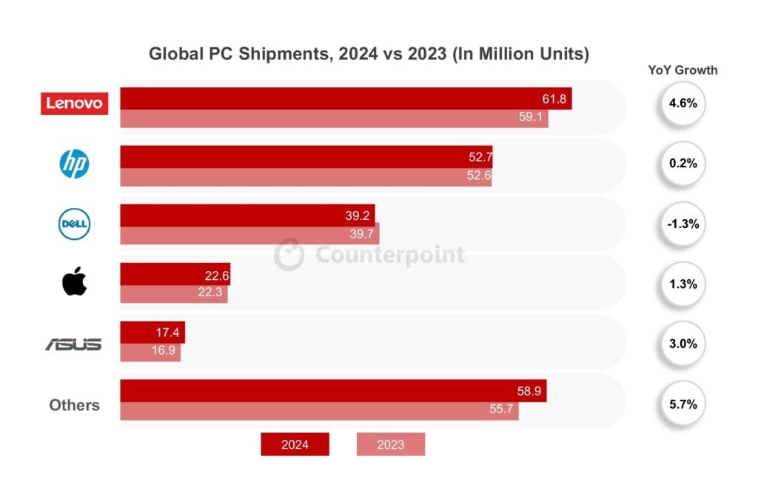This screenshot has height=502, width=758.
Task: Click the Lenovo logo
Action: click(x=74, y=104)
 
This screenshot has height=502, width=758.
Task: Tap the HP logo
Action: click(x=74, y=164)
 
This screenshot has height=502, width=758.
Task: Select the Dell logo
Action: click(x=74, y=224)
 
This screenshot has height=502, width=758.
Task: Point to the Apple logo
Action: click(x=74, y=282)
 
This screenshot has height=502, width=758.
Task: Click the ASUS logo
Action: click(x=73, y=344)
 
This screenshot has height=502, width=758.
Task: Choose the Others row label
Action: click(x=74, y=405)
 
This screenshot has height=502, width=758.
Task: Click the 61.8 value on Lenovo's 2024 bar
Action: click(x=555, y=99)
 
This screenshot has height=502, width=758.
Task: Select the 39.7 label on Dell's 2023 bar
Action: click(x=363, y=235)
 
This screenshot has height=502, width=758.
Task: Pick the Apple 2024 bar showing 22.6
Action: click(x=175, y=275)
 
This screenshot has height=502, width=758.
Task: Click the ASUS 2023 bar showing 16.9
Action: click(x=150, y=351)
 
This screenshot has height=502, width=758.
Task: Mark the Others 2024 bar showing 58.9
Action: click(x=333, y=391)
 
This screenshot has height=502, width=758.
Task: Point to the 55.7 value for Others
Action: click(x=503, y=411)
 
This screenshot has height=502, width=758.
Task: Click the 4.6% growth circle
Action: click(x=682, y=104)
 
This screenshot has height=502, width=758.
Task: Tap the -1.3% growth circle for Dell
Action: click(x=682, y=224)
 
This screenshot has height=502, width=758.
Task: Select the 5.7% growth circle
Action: click(x=682, y=404)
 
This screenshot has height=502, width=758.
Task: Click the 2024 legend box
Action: click(x=295, y=444)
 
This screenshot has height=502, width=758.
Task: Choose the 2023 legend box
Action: click(x=391, y=444)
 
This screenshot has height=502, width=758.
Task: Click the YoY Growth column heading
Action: click(x=682, y=70)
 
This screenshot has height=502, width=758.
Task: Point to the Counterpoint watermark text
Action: click(x=390, y=255)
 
